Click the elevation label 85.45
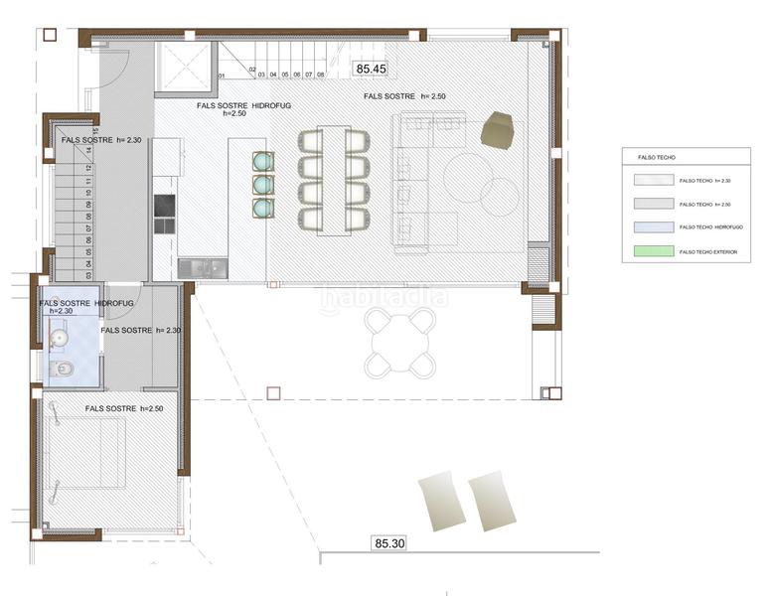371,69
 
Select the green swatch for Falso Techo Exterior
653,252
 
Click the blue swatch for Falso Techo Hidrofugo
653,227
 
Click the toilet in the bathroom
62,370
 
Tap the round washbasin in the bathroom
59,339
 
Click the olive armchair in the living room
497,130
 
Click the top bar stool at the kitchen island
263,161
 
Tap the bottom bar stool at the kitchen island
263,209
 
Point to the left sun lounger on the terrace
439,502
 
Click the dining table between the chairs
333,180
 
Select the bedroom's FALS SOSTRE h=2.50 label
123,408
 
